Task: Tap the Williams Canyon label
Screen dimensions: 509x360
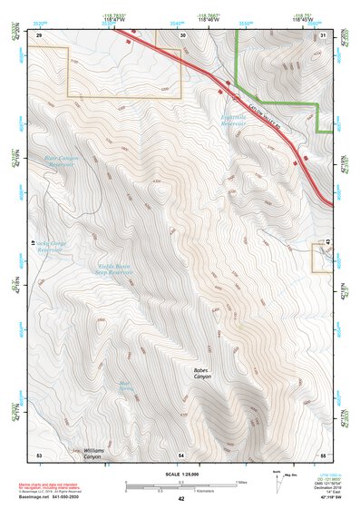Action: coord(94,453)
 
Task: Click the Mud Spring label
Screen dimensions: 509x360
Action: coord(127,386)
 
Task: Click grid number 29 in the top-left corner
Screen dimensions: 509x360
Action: coord(39,34)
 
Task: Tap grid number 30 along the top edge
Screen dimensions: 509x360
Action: coord(183,34)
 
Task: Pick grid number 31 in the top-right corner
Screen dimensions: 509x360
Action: coord(324,34)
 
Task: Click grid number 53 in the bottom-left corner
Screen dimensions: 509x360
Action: coord(39,454)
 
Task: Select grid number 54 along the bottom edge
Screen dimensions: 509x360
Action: coord(181,454)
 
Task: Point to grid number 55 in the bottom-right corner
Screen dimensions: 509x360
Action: coord(323,454)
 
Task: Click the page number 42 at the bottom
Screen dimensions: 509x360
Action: coord(181,500)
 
